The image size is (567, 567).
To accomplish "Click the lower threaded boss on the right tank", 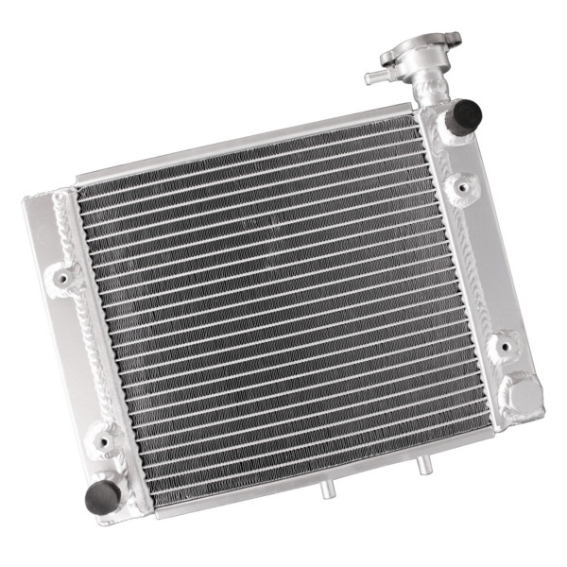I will [x=502, y=344].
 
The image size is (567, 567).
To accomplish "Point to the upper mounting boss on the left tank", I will [x=64, y=277].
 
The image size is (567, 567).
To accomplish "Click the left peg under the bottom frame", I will [x=327, y=490].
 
